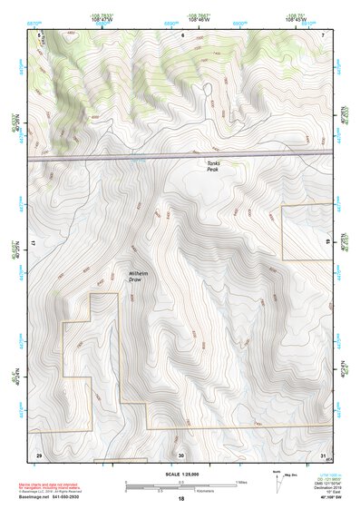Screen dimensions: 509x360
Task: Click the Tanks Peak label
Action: tap(212, 166)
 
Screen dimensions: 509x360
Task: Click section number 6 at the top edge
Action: tap(181, 34)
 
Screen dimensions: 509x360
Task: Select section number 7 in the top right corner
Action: tap(322, 34)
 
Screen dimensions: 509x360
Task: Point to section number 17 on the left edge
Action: tap(33, 245)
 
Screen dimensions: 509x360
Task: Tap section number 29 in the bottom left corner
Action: tap(38, 455)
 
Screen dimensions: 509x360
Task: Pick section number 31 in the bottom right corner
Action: tap(323, 455)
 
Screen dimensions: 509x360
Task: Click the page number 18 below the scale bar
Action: tap(180, 500)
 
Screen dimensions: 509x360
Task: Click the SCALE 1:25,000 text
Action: tap(180, 475)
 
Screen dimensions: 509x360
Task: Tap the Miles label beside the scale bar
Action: tap(241, 482)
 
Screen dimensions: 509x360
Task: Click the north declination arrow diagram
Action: tap(278, 482)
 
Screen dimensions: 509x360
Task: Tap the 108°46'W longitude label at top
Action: tap(201, 19)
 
